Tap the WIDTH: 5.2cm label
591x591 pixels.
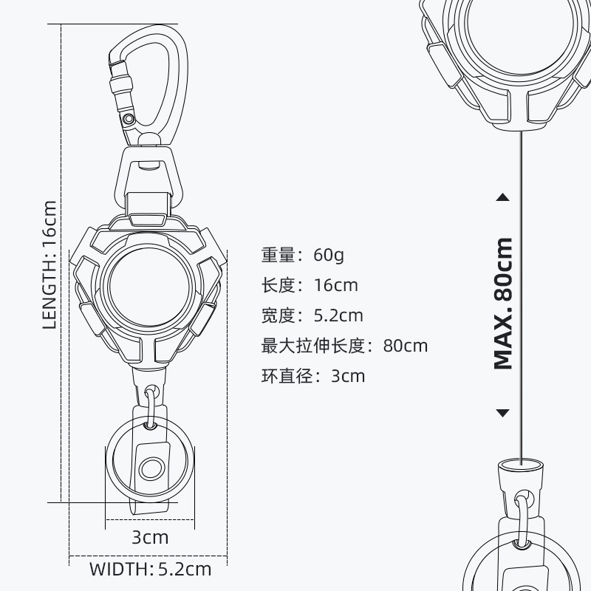[150, 570]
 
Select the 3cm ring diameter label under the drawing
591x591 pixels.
[150, 537]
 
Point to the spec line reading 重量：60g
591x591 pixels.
[302, 256]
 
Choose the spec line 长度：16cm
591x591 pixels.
[309, 285]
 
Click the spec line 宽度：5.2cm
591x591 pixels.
[312, 315]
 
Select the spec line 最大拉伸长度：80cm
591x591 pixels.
[344, 346]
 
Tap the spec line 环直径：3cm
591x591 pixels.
[312, 376]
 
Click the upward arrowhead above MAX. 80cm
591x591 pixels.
[503, 197]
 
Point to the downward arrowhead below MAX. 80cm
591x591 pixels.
[503, 412]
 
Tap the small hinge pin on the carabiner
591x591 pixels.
[129, 117]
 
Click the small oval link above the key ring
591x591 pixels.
[151, 406]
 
